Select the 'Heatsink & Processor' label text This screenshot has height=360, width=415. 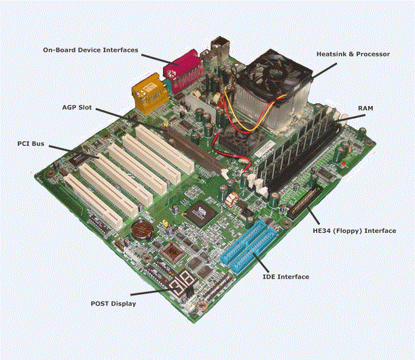pos(353,54)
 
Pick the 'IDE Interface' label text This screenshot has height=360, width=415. pos(285,276)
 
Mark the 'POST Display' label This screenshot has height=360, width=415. pos(113,304)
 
